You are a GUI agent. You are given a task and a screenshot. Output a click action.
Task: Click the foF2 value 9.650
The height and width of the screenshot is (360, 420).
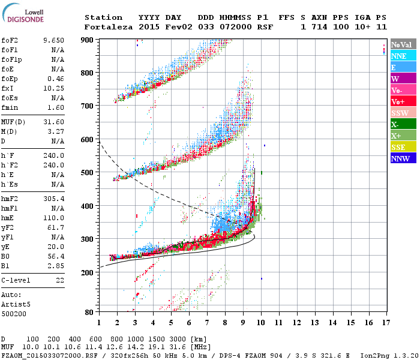pos(53,41)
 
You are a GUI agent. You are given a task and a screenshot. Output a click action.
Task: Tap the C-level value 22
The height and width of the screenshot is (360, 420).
pos(60,280)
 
